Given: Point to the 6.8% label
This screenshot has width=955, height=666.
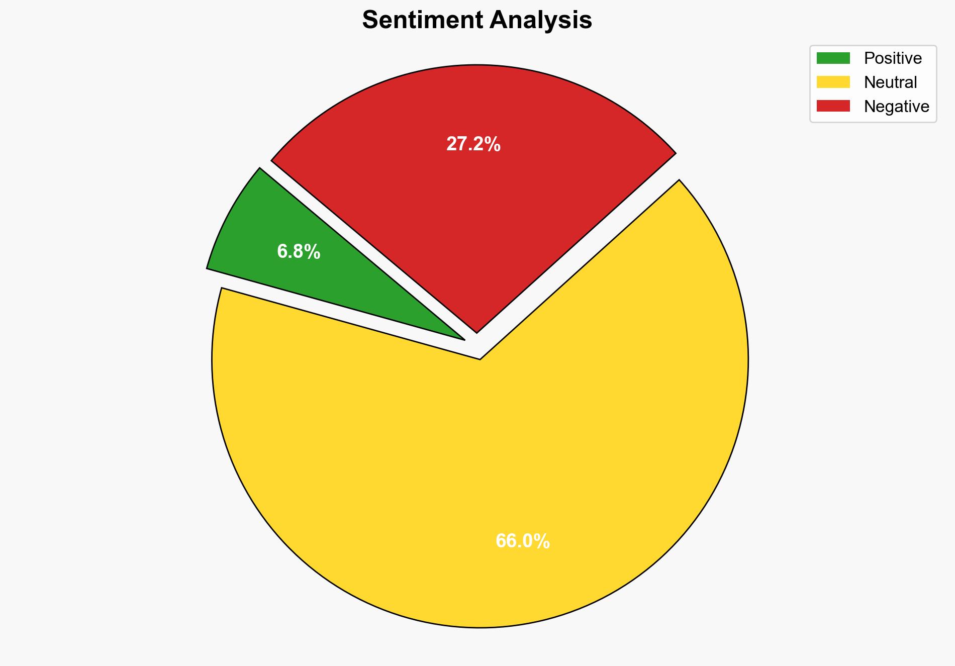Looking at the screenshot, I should coord(299,251).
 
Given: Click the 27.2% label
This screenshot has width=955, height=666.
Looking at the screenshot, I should coord(473,144).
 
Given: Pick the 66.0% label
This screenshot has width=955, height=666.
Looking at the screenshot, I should coord(522,541).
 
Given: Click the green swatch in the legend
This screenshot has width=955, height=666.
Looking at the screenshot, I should coord(833,58).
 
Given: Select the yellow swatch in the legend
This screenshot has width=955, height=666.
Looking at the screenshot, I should coord(833,82).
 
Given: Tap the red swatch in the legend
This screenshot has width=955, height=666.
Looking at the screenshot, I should coord(833,106).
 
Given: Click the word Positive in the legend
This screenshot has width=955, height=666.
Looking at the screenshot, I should coord(893,58).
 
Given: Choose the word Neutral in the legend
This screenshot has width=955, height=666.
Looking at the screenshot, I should coord(890,82).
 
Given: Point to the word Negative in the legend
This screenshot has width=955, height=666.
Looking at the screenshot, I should coord(896,106).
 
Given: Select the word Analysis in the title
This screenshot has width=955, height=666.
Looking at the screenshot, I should coord(541,20).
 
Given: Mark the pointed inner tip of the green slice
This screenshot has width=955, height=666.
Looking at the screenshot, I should coord(463,339).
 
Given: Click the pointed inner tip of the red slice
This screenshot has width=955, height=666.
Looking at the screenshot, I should coord(476,332).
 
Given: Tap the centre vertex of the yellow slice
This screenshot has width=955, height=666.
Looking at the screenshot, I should coord(480,359).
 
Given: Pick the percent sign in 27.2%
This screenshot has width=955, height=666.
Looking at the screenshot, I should coord(493,144).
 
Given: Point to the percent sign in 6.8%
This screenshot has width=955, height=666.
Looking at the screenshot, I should coord(313,251).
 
